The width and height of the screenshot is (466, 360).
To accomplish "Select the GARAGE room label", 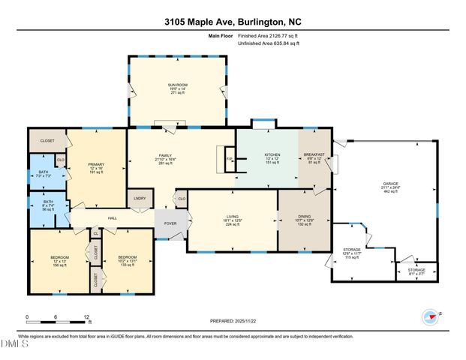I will pyautogui.click(x=390, y=183).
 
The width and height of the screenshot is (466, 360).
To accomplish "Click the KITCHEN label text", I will pyautogui.click(x=272, y=154).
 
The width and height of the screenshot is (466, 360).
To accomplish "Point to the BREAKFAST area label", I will pyautogui.click(x=314, y=154).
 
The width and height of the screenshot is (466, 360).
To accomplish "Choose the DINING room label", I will pyautogui.click(x=304, y=216).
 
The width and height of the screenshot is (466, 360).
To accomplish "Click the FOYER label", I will pyautogui.click(x=170, y=223).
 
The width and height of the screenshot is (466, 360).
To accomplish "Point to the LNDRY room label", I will pyautogui.click(x=140, y=198).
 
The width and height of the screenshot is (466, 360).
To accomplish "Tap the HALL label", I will pyautogui.click(x=112, y=218).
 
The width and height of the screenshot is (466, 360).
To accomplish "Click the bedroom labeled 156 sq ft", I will pyautogui.click(x=60, y=262).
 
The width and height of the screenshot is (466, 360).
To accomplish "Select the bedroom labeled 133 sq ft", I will pyautogui.click(x=127, y=262).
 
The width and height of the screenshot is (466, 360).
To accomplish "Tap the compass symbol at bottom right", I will pyautogui.click(x=429, y=317).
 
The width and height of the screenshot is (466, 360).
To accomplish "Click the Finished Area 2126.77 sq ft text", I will pyautogui.click(x=269, y=35).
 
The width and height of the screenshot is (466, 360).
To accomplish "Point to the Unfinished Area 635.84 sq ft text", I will pyautogui.click(x=268, y=44).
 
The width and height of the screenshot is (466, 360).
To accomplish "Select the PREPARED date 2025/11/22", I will pyautogui.click(x=233, y=321).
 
